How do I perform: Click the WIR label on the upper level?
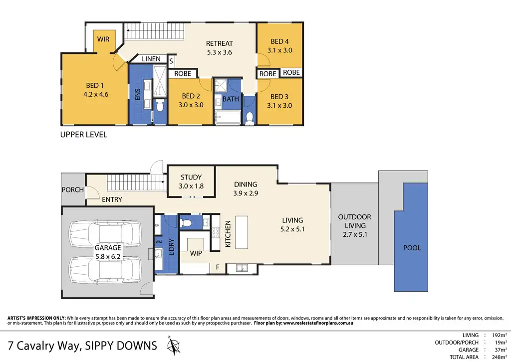[x=103, y=39]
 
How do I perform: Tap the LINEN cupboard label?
[x=151, y=59]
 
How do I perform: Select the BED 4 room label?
[x=279, y=41]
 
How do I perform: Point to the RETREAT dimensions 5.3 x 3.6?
[x=220, y=52]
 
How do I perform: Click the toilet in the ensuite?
[x=160, y=106]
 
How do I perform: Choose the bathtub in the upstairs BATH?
[x=228, y=118]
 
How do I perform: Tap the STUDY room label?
[x=191, y=178]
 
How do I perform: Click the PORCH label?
[x=73, y=190]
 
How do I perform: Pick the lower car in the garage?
[x=105, y=270]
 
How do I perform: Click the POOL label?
[x=412, y=248]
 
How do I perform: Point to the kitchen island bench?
[x=242, y=232]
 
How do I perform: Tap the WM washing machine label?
[x=158, y=242]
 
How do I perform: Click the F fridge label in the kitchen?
[x=218, y=267]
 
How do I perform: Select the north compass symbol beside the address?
[x=174, y=345]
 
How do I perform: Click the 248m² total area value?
[x=499, y=357]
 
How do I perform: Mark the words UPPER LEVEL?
[x=84, y=135]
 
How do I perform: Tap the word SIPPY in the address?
[x=98, y=346]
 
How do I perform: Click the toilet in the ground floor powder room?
[x=187, y=223]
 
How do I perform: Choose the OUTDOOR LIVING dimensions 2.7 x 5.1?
[x=355, y=234]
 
